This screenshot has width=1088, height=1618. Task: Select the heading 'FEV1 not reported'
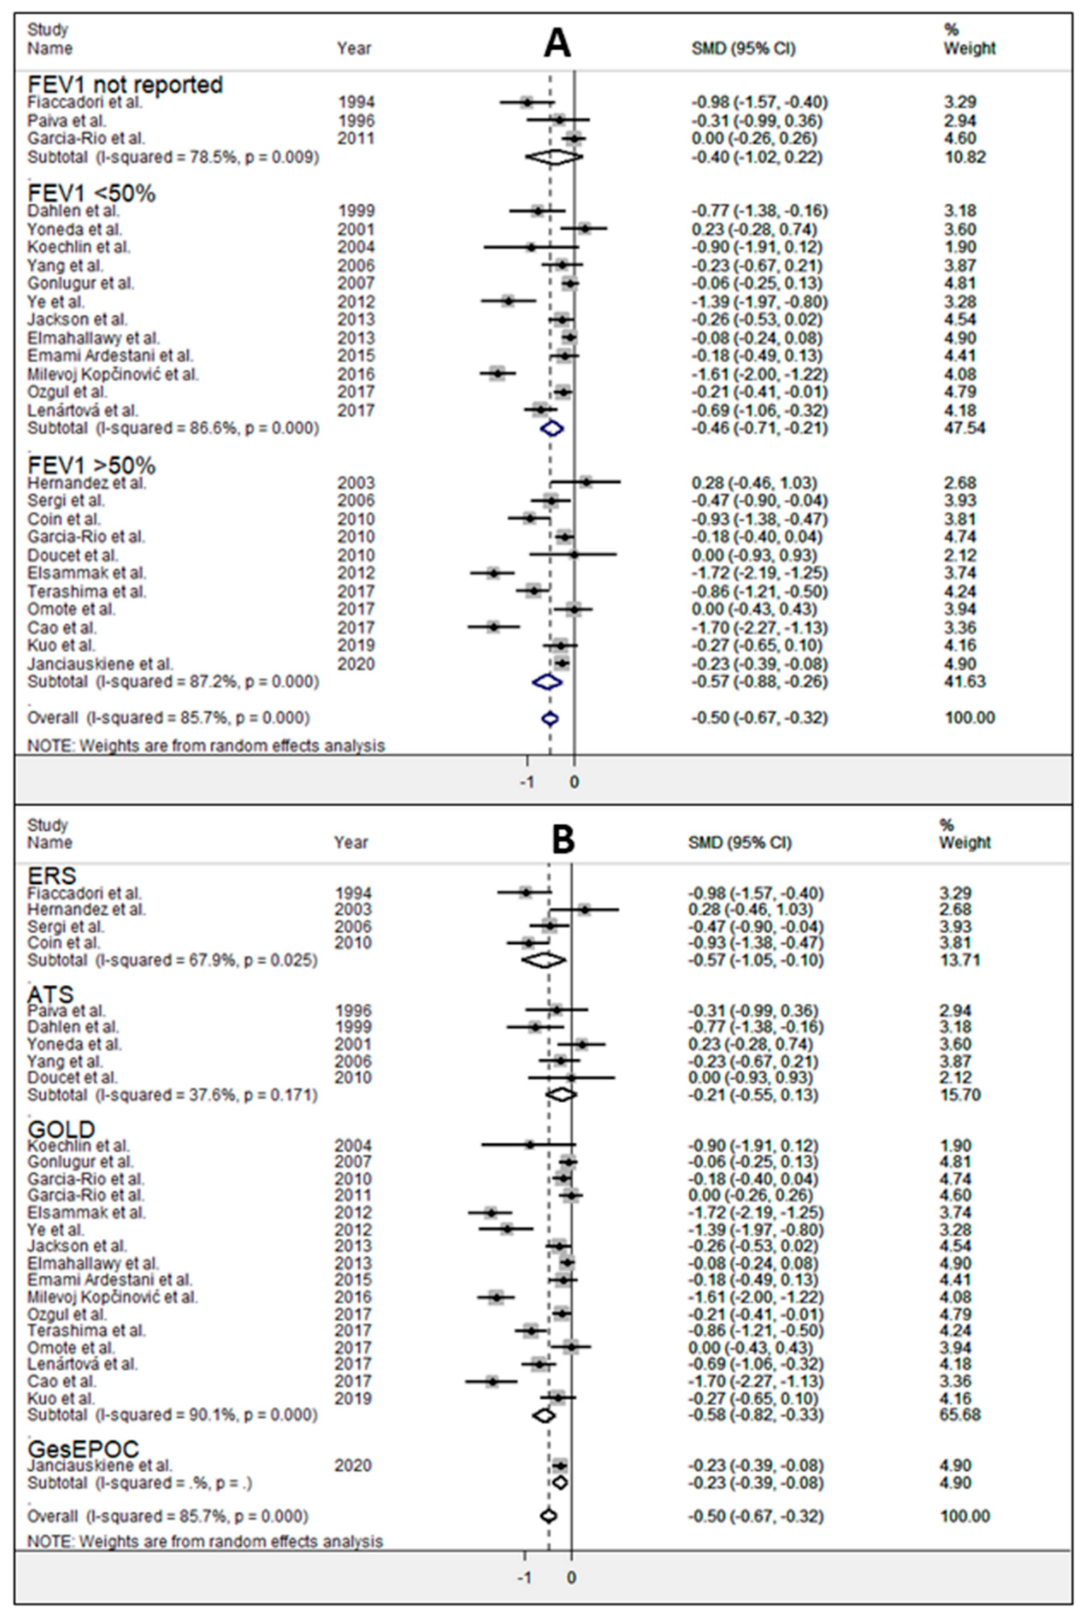tap(125, 85)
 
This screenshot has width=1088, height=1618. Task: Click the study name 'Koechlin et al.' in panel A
tap(78, 247)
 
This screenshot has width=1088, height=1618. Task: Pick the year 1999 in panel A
tap(355, 211)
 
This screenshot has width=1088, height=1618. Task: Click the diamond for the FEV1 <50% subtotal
tap(552, 428)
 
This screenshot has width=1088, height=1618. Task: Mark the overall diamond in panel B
tap(548, 1516)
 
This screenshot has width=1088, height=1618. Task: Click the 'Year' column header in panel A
tap(354, 49)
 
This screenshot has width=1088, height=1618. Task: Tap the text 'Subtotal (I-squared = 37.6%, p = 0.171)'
tap(172, 1095)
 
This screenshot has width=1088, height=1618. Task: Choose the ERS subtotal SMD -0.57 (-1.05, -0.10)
tap(755, 960)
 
